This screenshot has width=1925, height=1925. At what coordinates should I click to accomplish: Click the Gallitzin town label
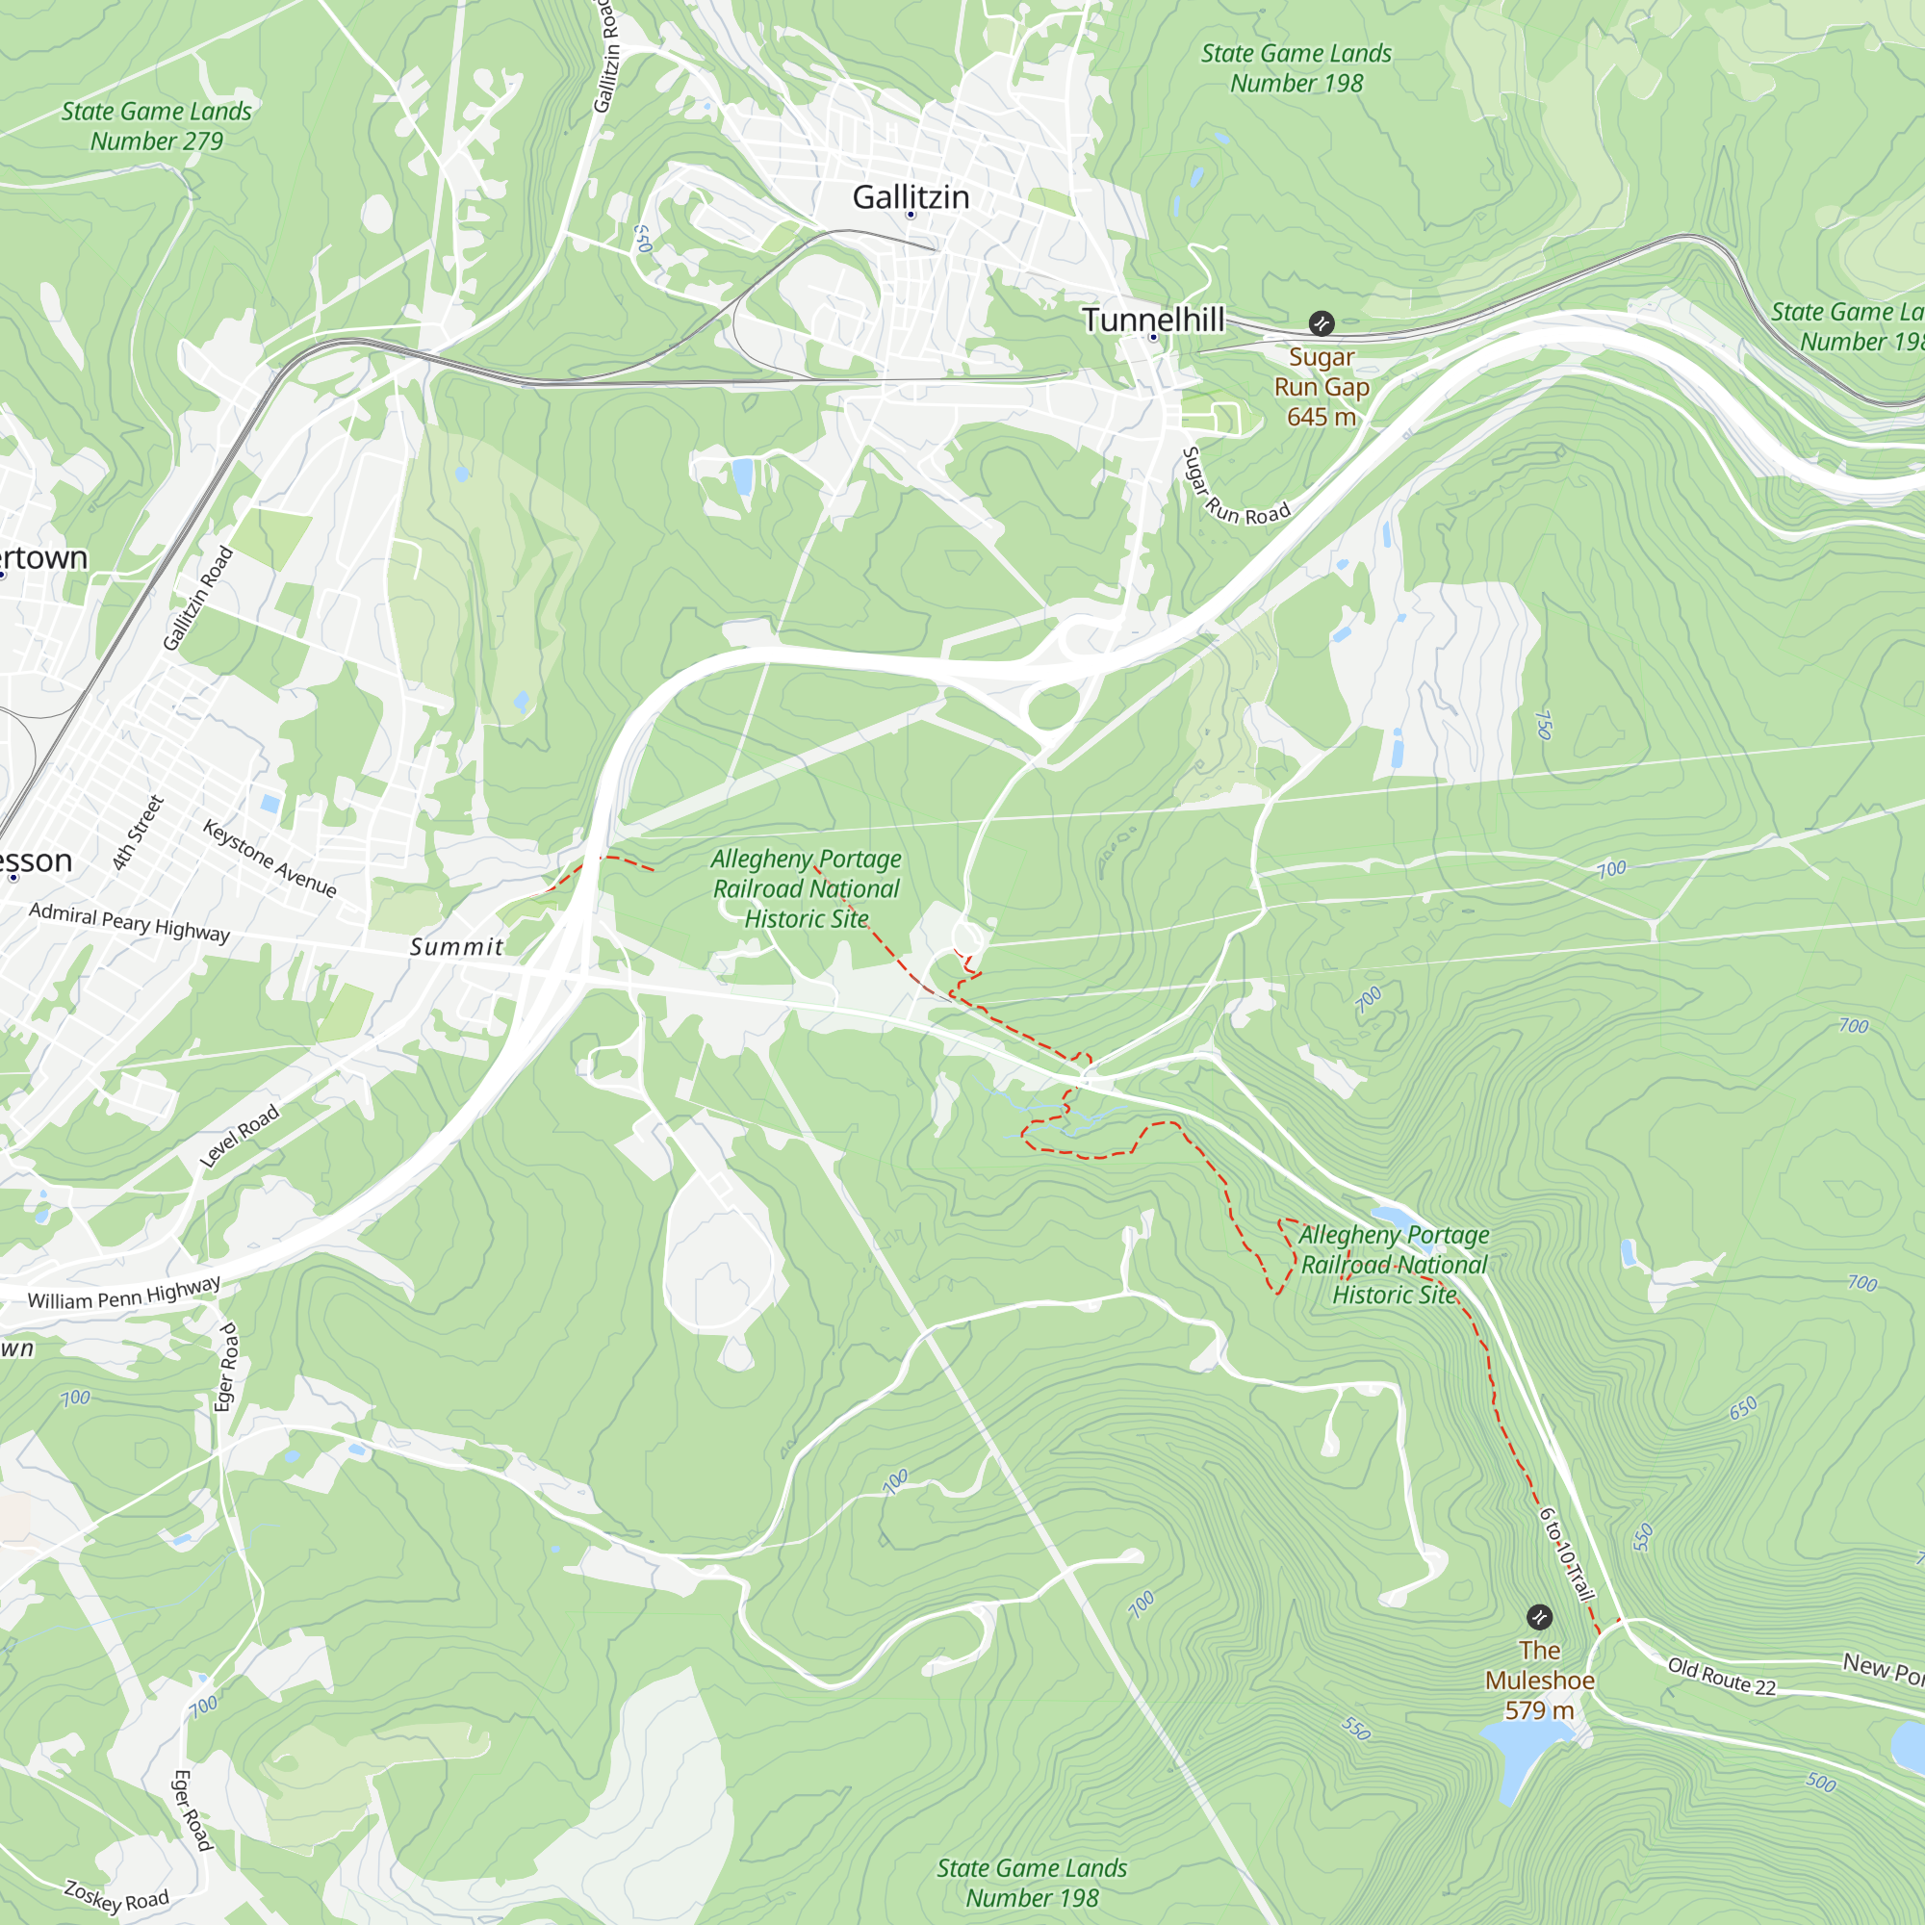click(x=911, y=197)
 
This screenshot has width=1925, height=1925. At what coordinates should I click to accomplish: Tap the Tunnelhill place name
click(x=1153, y=320)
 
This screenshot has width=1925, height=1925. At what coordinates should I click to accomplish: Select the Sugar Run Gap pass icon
click(x=1322, y=322)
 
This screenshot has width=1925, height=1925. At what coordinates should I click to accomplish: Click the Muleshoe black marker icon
click(x=1539, y=1616)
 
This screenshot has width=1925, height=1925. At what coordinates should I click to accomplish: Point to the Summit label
click(x=457, y=946)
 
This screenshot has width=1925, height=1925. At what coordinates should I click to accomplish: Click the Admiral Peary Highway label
click(x=130, y=922)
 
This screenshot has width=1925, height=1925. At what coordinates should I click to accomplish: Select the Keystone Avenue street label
click(x=270, y=858)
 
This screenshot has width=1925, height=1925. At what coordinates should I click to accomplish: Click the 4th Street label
click(x=138, y=833)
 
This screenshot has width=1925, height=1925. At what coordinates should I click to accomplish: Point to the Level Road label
click(x=239, y=1136)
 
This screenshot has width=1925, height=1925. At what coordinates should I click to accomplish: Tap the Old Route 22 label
click(x=1722, y=1676)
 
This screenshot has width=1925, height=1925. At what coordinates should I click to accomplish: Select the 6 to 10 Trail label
click(x=1566, y=1554)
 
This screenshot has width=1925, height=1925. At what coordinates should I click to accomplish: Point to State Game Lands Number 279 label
click(x=157, y=126)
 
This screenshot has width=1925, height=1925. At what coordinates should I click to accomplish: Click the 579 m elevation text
click(x=1539, y=1710)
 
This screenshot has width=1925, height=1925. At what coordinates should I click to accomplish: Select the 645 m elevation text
click(x=1322, y=417)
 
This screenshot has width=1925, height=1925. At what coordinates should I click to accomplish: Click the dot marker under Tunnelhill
click(x=1154, y=338)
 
